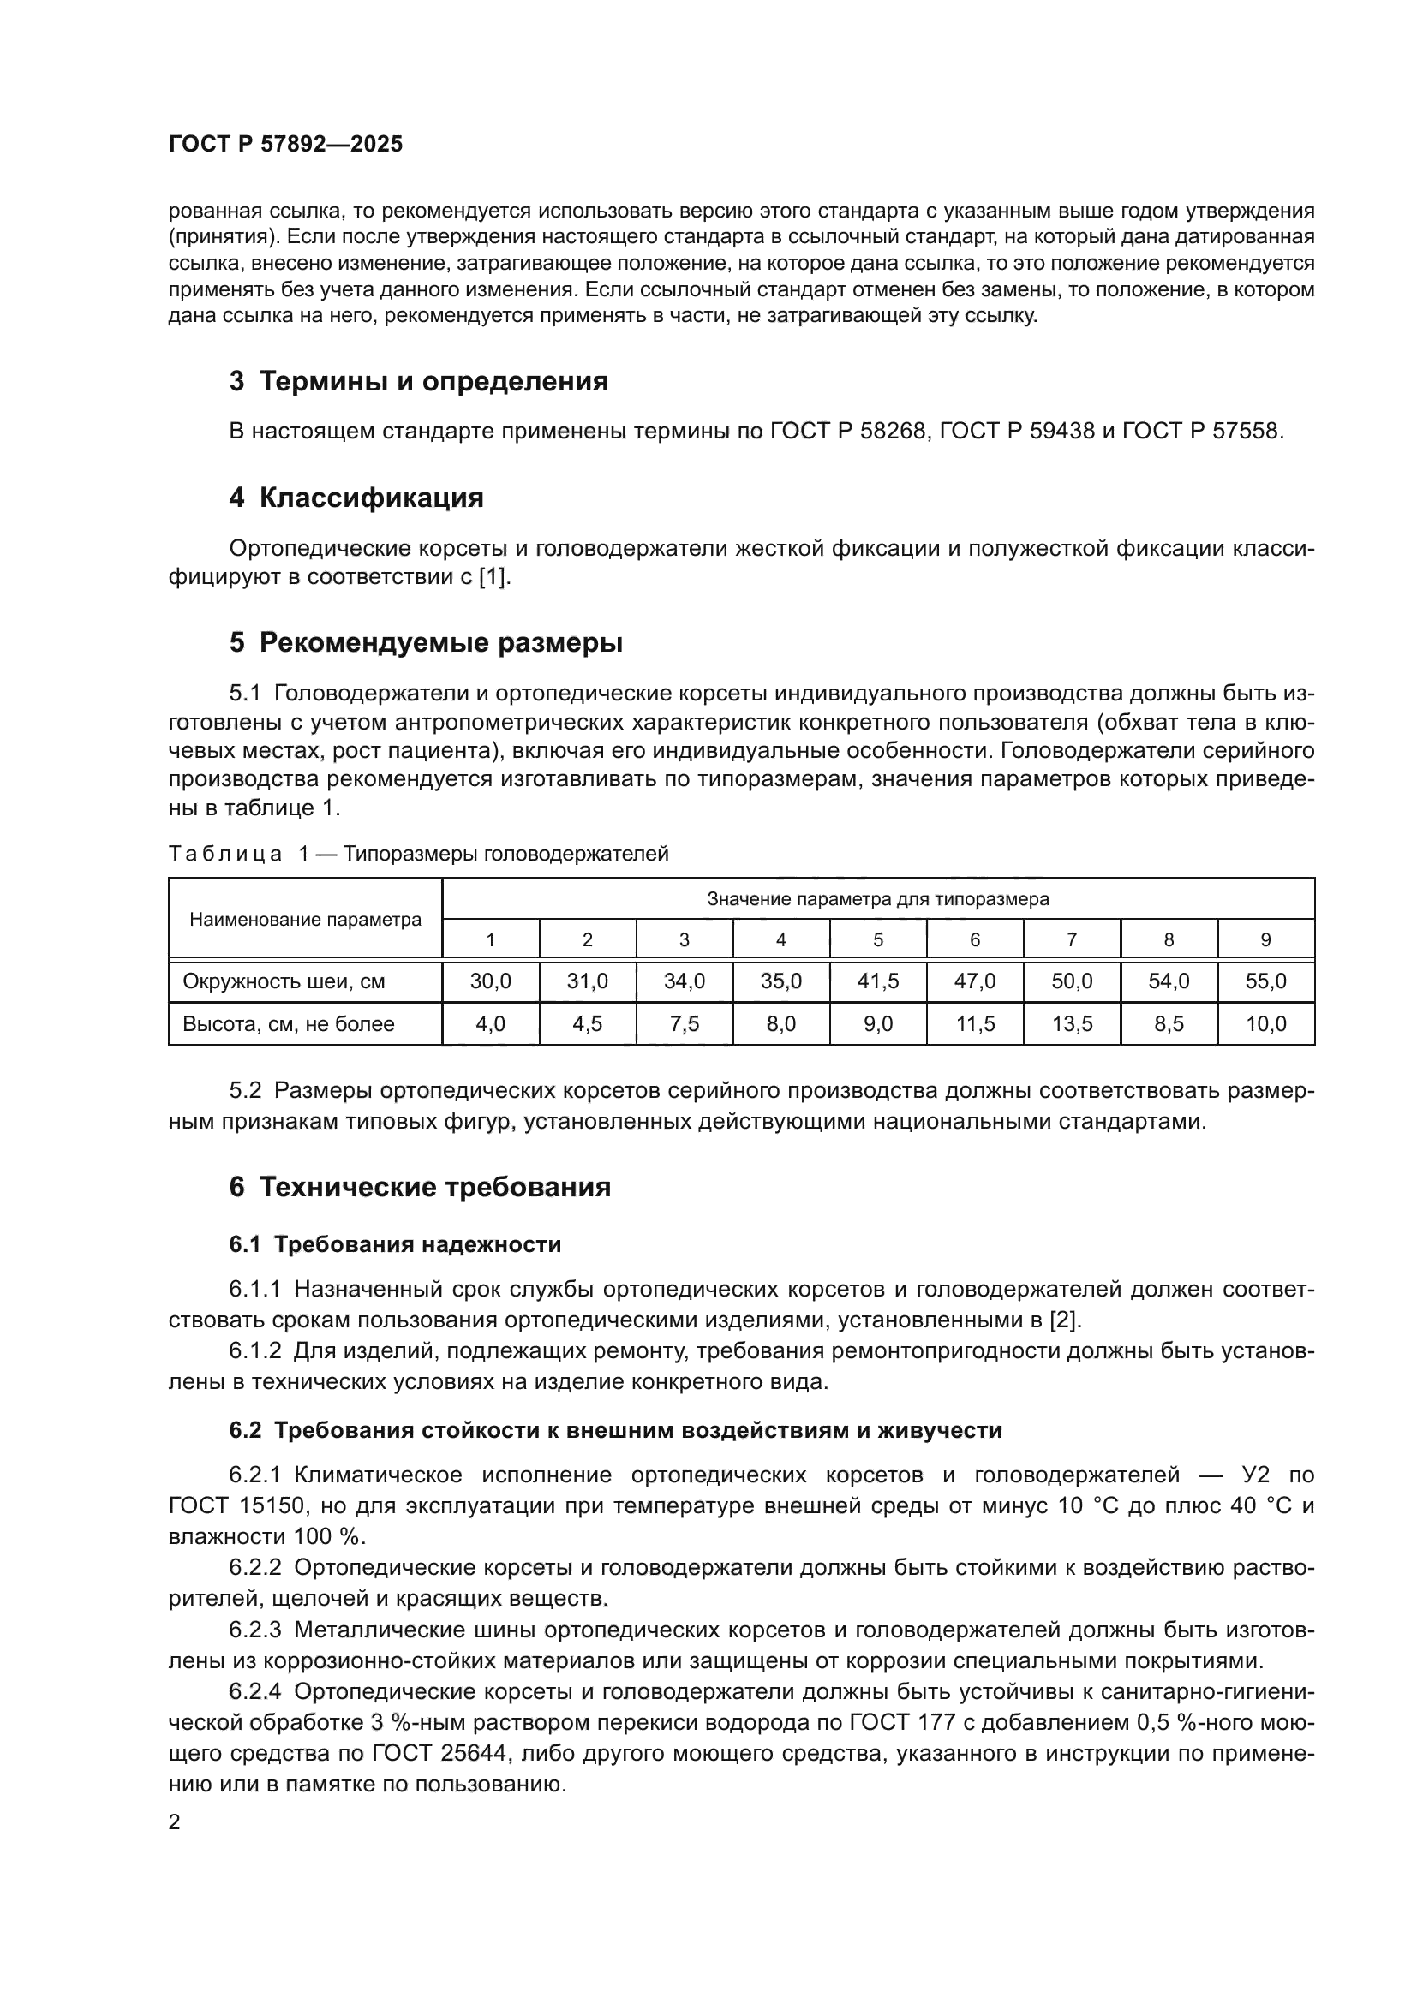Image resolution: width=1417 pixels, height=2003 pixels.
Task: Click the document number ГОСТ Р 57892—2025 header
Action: tap(285, 144)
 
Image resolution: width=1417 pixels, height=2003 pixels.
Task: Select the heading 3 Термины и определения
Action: tap(419, 381)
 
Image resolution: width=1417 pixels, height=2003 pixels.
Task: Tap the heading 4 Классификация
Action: tap(356, 498)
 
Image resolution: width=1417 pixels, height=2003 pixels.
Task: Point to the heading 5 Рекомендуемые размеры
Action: tap(426, 642)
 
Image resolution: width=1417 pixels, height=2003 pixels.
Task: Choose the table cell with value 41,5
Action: tap(878, 981)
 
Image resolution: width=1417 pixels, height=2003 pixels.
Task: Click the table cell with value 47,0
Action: tap(975, 981)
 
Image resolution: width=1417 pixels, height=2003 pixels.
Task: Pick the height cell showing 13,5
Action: tap(1072, 1024)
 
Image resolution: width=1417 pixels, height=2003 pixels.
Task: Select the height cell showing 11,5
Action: tap(975, 1024)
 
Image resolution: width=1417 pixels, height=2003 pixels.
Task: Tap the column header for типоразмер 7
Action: tap(1072, 939)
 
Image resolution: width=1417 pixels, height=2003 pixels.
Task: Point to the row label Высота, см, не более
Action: tap(288, 1024)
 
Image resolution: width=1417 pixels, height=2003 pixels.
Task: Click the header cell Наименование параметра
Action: tap(305, 920)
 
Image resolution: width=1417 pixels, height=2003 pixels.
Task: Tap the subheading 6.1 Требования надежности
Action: tap(395, 1245)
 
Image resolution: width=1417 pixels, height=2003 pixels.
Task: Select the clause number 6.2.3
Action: tap(254, 1630)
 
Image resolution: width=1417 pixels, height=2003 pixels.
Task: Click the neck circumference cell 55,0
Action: tap(1265, 981)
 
